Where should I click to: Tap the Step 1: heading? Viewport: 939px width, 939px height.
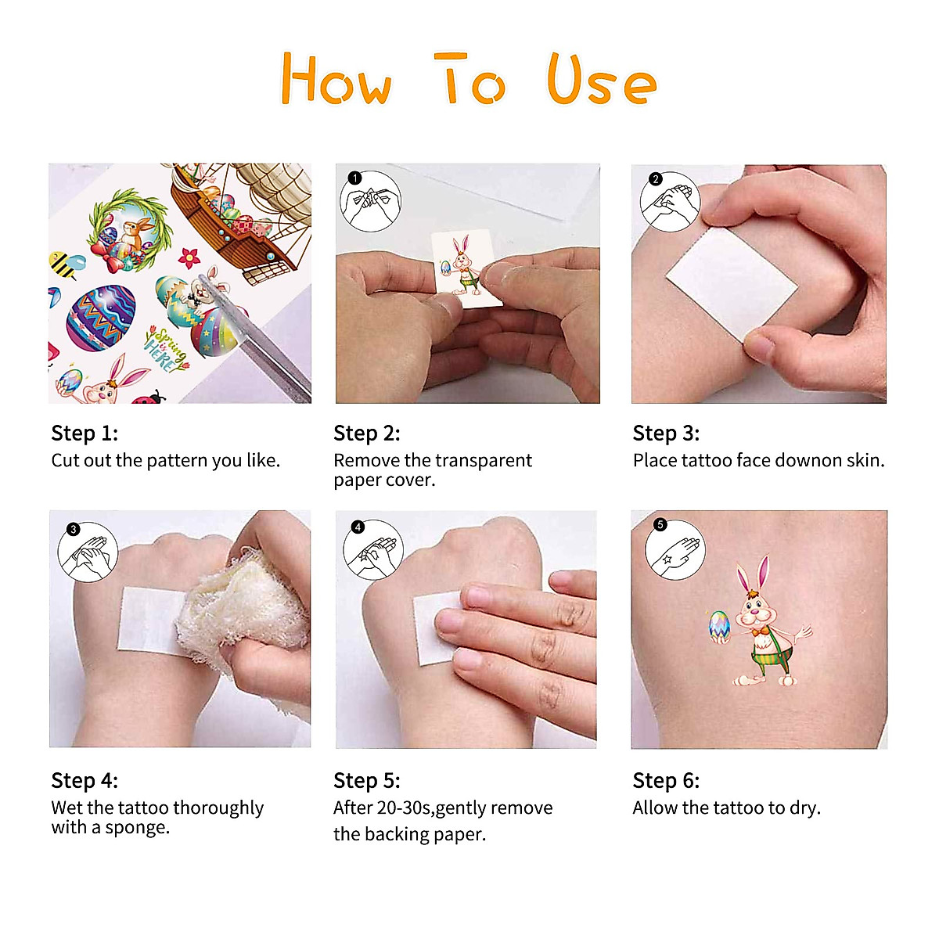click(x=85, y=434)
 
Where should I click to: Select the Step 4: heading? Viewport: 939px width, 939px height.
click(x=85, y=781)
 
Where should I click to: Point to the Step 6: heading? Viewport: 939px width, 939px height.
click(x=666, y=781)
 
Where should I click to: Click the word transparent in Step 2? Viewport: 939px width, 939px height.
click(x=484, y=460)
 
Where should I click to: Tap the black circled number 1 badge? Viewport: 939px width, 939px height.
click(x=355, y=178)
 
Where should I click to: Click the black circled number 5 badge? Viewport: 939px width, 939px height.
click(x=660, y=524)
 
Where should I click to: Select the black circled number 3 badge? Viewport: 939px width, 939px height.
click(x=73, y=529)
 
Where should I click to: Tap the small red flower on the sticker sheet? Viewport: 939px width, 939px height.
click(x=189, y=257)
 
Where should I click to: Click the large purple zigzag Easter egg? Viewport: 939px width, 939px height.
click(x=101, y=318)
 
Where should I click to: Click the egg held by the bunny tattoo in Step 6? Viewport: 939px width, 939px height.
click(x=719, y=627)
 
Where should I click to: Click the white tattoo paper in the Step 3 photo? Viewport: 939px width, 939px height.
click(x=732, y=283)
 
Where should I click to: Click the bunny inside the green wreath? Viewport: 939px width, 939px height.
click(x=136, y=235)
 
